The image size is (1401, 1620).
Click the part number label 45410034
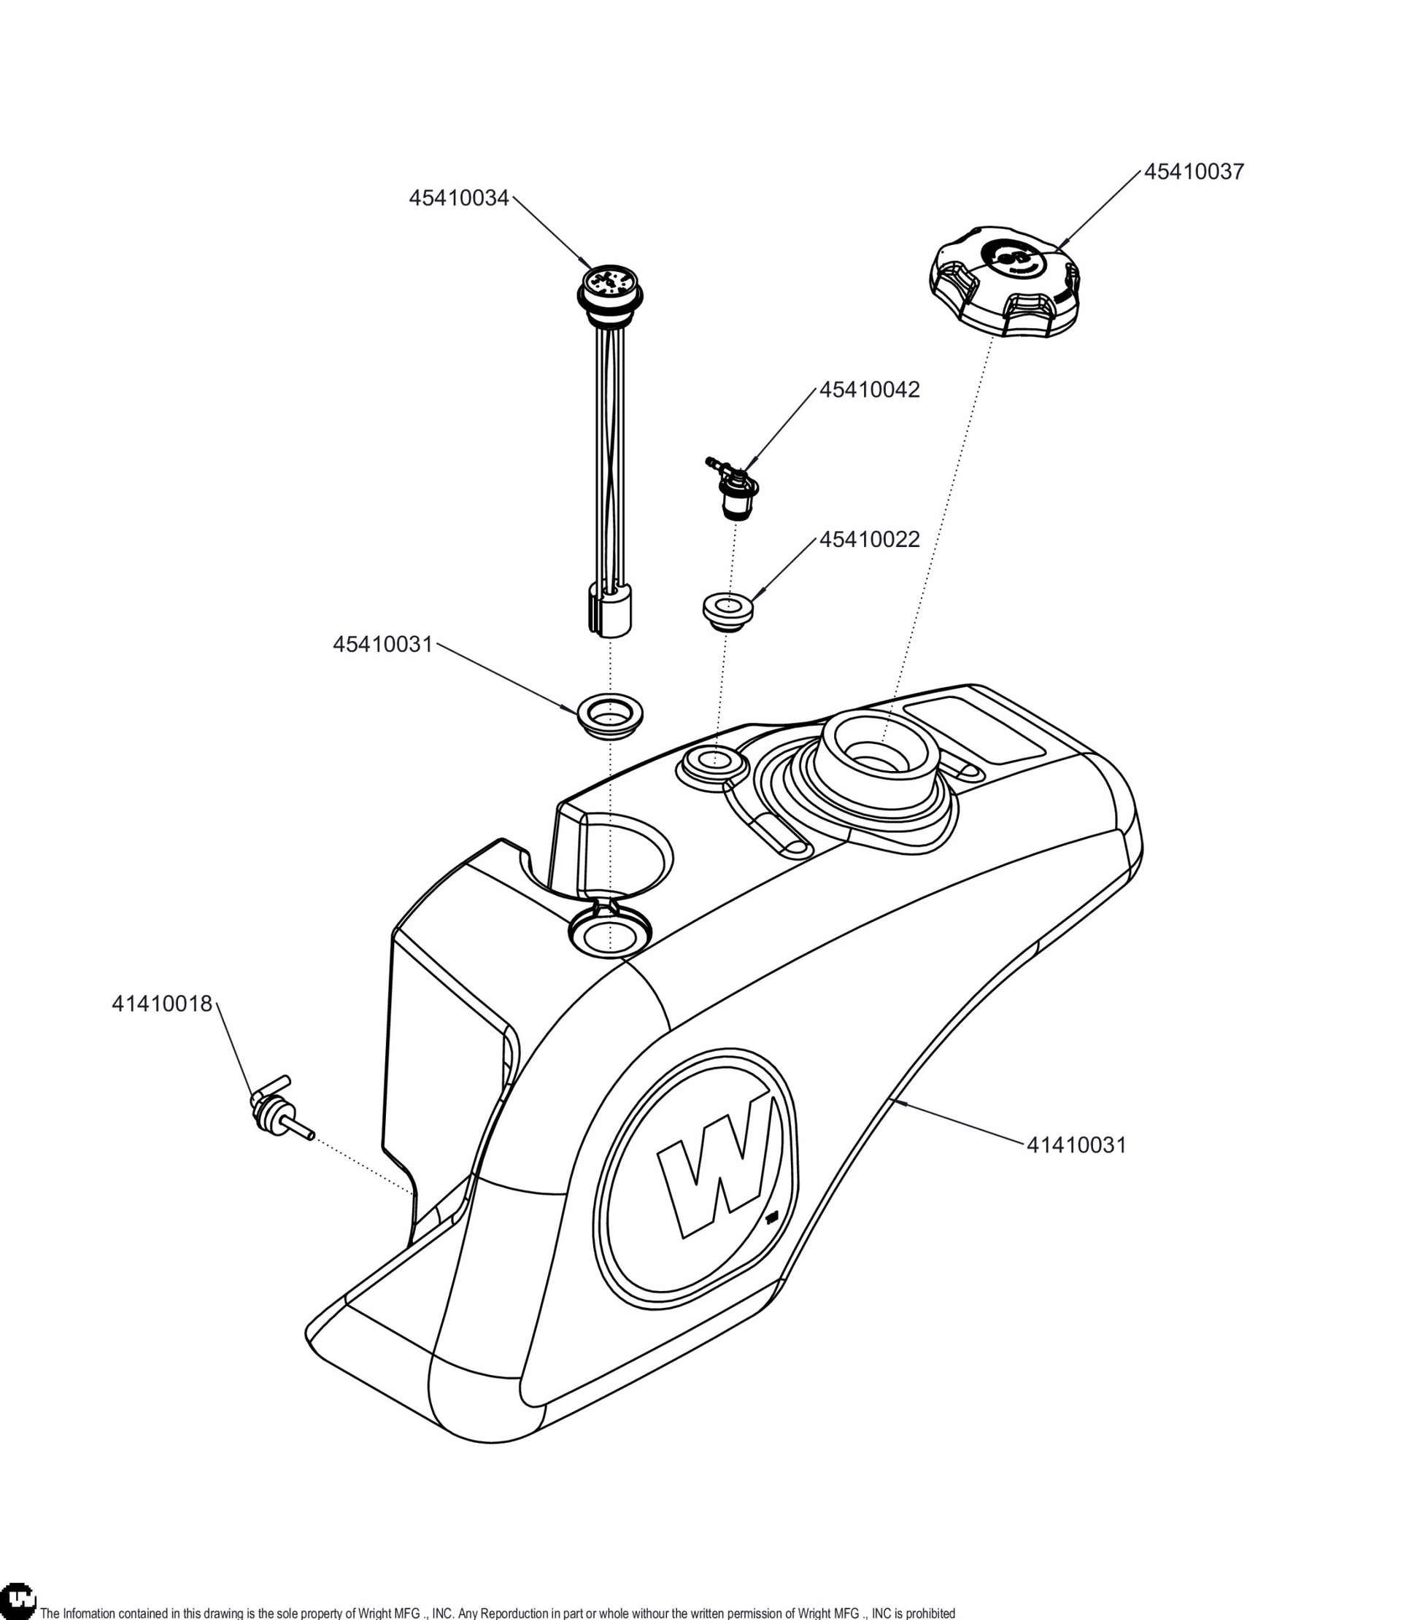[458, 198]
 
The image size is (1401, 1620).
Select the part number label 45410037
[1194, 172]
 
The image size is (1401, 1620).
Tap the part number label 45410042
[869, 390]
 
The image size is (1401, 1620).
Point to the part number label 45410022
[869, 540]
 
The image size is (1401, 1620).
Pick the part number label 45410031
[382, 644]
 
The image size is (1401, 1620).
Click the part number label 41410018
[162, 1004]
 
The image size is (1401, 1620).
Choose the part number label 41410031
[1076, 1144]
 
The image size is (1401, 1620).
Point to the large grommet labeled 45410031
[609, 715]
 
